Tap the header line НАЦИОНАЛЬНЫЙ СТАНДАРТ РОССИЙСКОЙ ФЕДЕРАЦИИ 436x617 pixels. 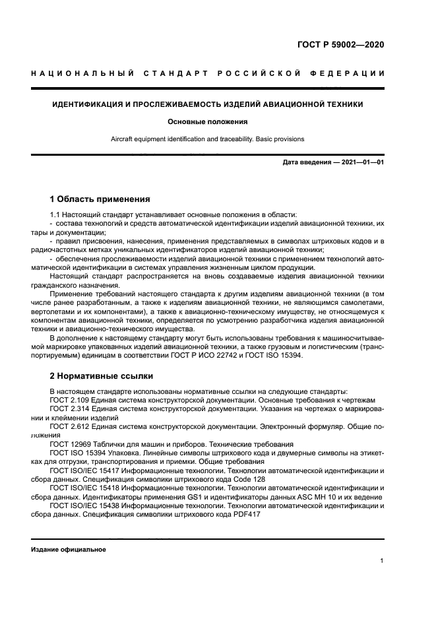click(x=208, y=73)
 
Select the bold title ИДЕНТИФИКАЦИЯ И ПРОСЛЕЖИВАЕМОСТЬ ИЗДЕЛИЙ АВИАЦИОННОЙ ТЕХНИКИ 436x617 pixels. click(x=208, y=104)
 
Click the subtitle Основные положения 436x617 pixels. click(x=208, y=122)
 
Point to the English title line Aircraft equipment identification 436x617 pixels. click(x=208, y=139)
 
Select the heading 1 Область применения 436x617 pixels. click(x=100, y=199)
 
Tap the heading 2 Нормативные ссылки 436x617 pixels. click(x=102, y=375)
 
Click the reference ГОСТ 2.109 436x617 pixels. click(x=68, y=400)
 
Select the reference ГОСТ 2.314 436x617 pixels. click(x=68, y=409)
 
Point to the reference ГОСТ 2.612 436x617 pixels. click(x=68, y=427)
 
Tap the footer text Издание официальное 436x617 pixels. click(x=69, y=549)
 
